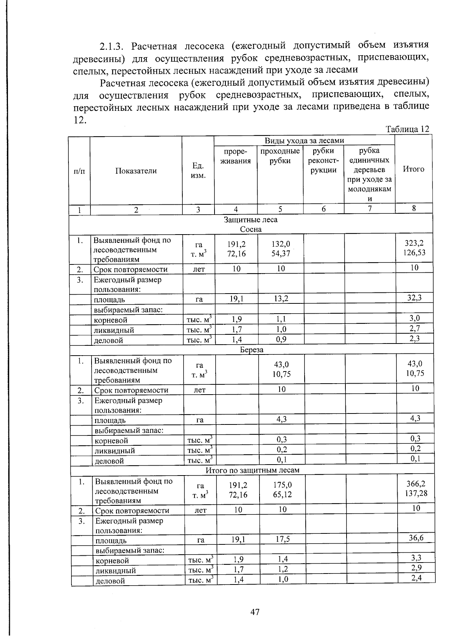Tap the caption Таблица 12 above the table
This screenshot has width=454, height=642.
(407, 129)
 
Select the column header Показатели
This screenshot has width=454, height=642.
(136, 171)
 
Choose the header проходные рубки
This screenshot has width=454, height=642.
(280, 156)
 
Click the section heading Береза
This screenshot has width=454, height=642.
(252, 350)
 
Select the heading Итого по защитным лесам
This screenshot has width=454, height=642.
(252, 470)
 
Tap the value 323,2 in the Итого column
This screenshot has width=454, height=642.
(414, 243)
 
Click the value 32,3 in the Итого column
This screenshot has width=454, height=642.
(414, 298)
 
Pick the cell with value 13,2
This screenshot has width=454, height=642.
(281, 299)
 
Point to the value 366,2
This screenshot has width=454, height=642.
(415, 484)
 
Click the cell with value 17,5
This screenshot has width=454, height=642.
(282, 539)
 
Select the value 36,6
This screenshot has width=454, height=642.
(416, 538)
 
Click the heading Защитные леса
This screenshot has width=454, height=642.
(250, 219)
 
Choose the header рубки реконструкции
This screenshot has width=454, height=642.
(323, 160)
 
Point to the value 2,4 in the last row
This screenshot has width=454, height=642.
(416, 577)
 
